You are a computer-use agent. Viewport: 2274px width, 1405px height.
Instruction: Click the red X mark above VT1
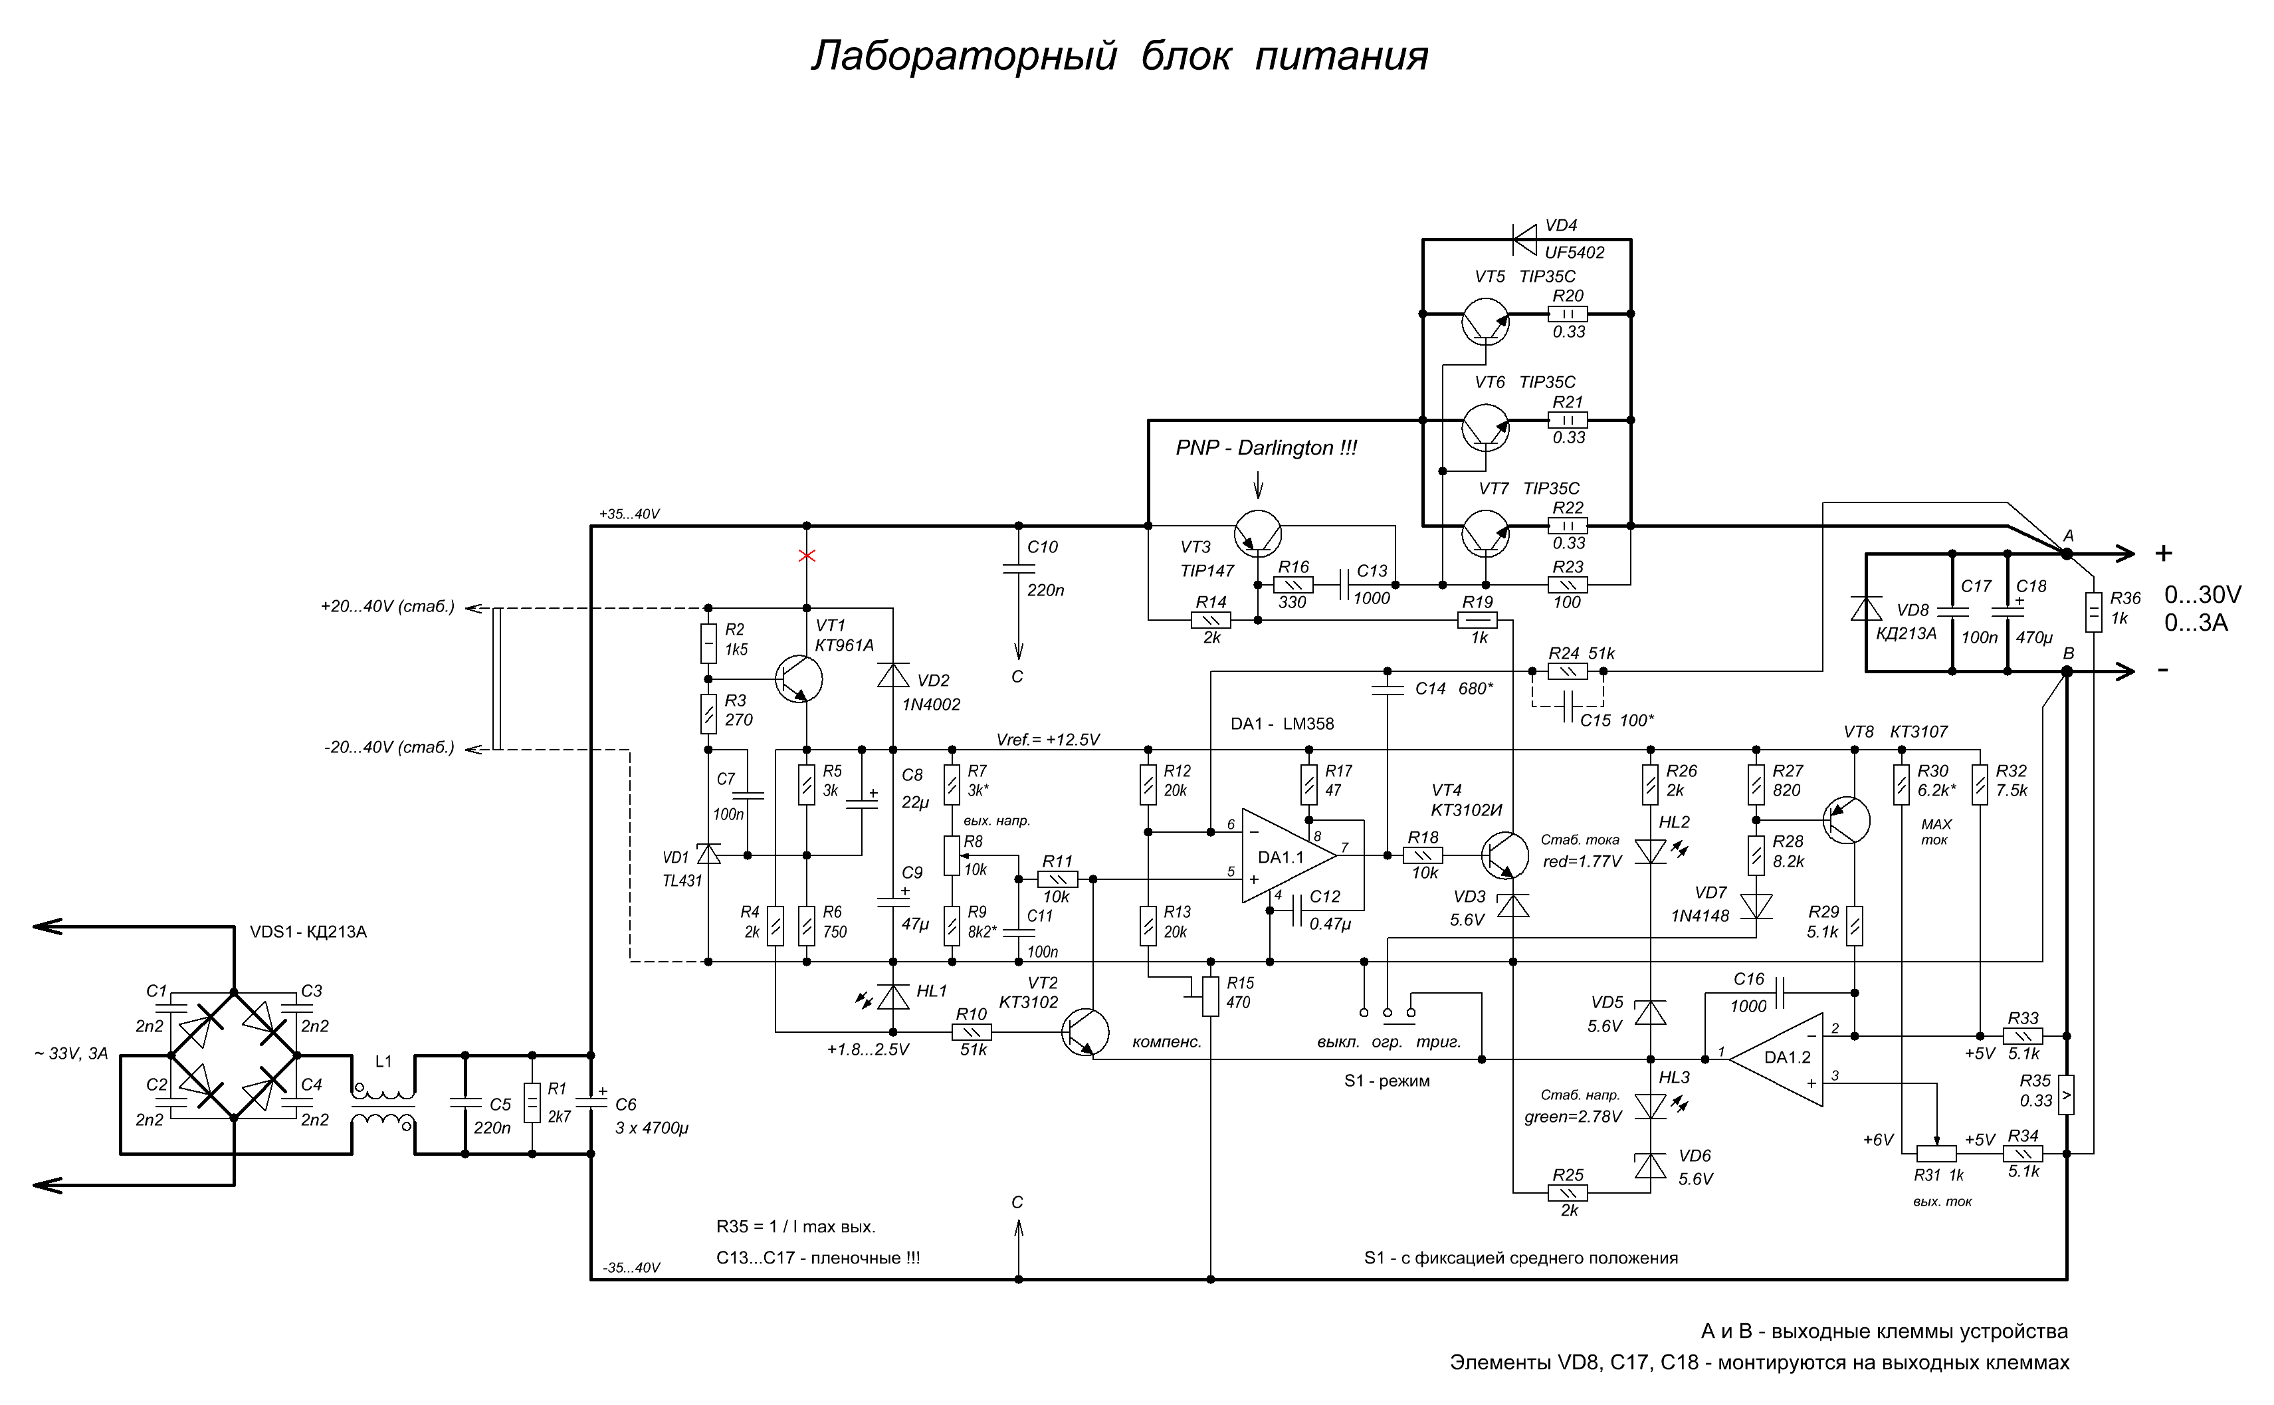click(x=806, y=556)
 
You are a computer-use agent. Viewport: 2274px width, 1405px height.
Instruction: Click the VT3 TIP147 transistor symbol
click(x=1258, y=534)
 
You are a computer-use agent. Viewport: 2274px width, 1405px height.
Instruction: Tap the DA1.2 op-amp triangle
click(x=1776, y=1059)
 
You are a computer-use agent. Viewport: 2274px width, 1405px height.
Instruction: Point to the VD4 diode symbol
click(x=1524, y=239)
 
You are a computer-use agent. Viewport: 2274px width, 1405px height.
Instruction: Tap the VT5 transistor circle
click(x=1485, y=322)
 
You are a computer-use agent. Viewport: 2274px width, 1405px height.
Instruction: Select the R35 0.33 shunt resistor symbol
click(x=2066, y=1095)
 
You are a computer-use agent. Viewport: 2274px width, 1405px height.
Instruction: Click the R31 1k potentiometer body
click(x=1937, y=1153)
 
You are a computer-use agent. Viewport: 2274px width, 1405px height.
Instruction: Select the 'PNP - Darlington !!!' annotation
click(x=1266, y=448)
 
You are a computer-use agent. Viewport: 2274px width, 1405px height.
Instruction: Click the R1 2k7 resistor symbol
click(x=532, y=1104)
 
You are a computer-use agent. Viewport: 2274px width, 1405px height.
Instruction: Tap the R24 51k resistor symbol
click(x=1568, y=671)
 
